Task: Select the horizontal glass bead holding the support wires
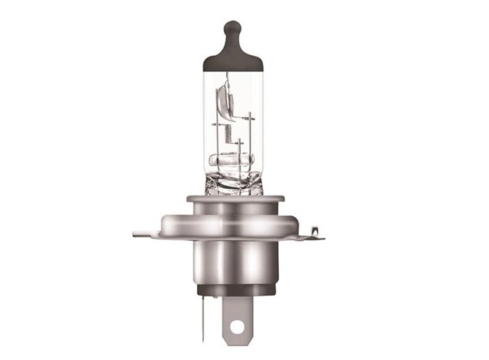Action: tap(234, 161)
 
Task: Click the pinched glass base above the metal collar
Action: tap(234, 183)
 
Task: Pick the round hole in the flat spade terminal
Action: tap(237, 327)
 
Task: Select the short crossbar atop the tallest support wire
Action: tap(250, 116)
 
